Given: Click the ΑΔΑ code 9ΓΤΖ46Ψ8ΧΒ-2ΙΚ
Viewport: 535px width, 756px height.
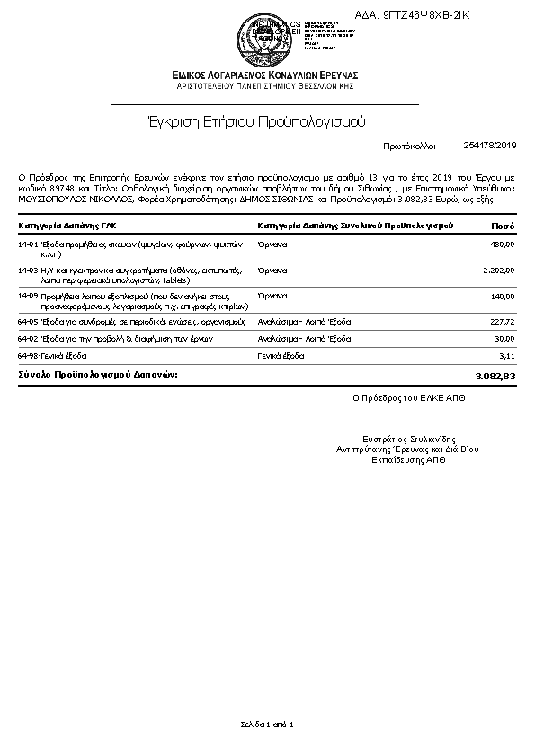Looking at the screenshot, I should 425,15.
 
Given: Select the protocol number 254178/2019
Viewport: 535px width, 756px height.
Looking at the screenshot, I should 490,145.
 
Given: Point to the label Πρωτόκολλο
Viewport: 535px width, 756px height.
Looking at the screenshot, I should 409,145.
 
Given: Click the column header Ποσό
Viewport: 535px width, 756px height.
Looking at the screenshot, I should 503,225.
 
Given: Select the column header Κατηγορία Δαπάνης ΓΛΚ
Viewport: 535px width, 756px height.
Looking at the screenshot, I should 66,225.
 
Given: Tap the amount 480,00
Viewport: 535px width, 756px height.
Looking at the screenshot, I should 503,245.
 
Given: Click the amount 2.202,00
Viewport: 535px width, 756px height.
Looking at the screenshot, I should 497,270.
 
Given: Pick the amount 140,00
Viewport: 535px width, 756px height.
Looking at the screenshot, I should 503,296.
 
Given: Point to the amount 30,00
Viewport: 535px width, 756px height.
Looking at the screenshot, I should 504,338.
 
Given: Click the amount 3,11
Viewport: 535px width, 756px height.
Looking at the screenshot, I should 507,356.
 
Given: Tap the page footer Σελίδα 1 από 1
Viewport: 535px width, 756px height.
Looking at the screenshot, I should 267,724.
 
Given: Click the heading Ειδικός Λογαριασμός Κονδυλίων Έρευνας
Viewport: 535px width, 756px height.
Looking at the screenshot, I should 265,75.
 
